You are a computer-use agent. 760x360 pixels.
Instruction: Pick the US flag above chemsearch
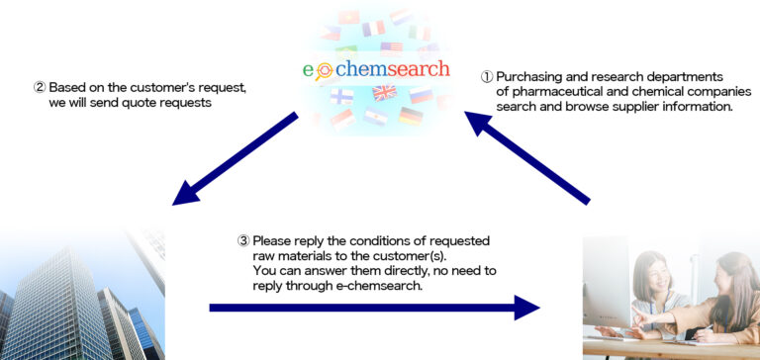(390, 47)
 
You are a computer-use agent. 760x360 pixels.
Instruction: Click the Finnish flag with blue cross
(342, 97)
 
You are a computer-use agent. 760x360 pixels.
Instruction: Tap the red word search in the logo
(419, 70)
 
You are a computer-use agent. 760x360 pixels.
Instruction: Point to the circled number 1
(486, 77)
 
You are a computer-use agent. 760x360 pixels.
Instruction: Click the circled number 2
(39, 87)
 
